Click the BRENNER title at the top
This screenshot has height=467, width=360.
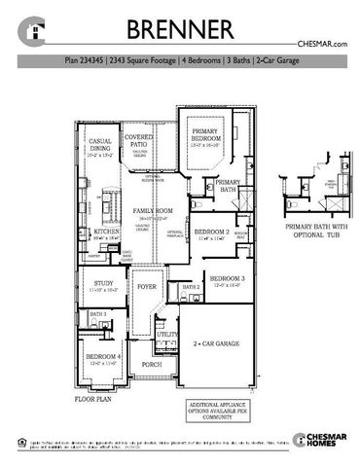pos(180,26)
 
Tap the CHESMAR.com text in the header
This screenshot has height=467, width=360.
pos(321,46)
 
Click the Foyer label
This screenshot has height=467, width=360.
pos(147,287)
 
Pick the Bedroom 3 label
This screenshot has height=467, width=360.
pos(228,281)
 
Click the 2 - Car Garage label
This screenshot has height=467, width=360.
pos(217,343)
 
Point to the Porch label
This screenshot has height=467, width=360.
pos(151,366)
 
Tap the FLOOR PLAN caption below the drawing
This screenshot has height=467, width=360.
pos(98,399)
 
